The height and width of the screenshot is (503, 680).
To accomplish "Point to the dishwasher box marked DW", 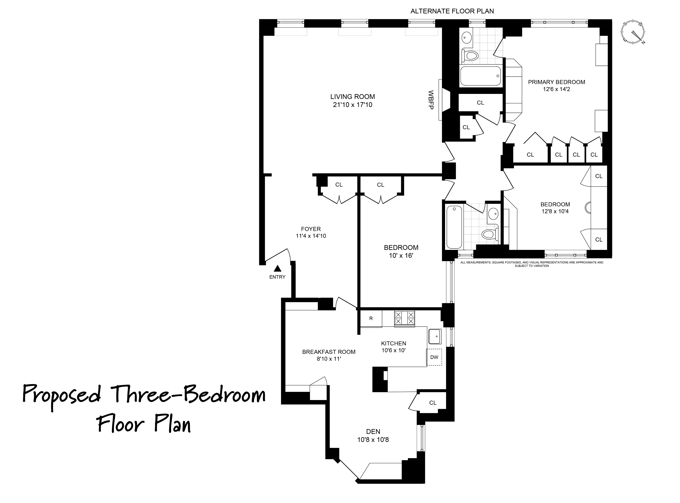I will click(x=434, y=357).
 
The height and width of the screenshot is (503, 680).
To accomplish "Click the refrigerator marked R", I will click(x=371, y=319).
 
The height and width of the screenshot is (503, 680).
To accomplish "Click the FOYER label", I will click(x=311, y=229).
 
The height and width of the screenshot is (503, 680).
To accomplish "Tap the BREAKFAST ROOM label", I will click(x=329, y=352).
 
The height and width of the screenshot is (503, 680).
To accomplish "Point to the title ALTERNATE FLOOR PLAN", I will click(x=452, y=11).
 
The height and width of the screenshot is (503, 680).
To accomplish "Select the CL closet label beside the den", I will click(x=433, y=403).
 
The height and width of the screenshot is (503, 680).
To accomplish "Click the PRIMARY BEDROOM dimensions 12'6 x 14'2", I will click(x=556, y=89).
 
